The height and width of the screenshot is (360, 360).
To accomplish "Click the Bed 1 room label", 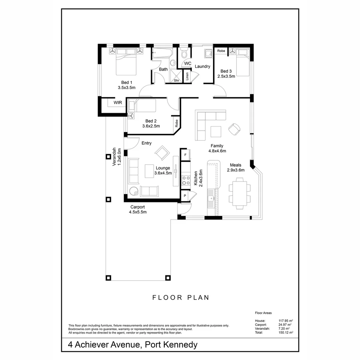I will (127, 83).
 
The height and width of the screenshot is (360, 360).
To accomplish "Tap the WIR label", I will (118, 103).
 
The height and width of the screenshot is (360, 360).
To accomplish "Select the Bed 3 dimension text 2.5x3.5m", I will (226, 76).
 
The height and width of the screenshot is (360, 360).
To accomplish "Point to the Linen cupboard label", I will (187, 76).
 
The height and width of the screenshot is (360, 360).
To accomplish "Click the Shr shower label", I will (177, 80).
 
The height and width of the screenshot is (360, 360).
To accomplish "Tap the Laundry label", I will (202, 66).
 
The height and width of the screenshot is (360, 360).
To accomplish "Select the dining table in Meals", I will (239, 193).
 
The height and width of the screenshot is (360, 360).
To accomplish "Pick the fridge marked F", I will (185, 155).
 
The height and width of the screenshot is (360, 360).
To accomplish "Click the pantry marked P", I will (185, 196).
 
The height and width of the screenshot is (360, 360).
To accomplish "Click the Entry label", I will (146, 143).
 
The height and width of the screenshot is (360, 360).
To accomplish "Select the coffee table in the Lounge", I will (149, 171).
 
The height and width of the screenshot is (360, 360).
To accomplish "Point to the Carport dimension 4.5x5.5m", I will (138, 212).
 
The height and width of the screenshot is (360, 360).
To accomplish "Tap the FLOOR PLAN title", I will (181, 298).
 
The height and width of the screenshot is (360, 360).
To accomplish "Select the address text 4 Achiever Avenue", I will (103, 345).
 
